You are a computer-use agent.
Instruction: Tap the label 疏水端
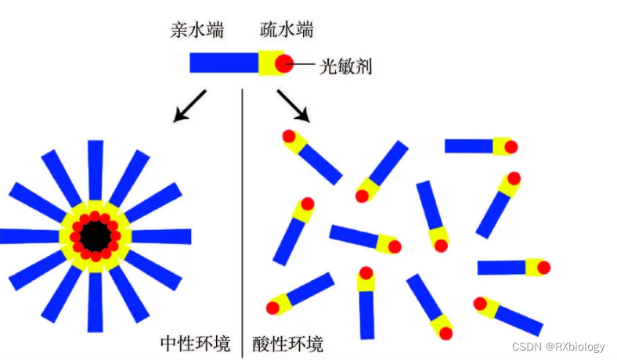(287, 31)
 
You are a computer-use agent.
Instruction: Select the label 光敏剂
(345, 66)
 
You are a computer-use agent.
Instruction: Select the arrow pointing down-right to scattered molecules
(293, 106)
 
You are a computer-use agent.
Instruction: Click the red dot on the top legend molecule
(283, 63)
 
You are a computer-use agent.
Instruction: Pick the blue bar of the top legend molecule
(224, 63)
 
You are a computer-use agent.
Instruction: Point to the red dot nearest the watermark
(479, 302)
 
